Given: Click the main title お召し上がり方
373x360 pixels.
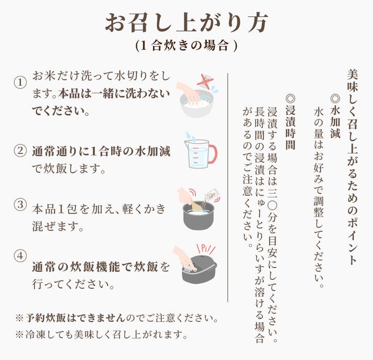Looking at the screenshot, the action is point(187,22).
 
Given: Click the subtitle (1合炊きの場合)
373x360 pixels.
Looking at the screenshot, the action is point(186,45).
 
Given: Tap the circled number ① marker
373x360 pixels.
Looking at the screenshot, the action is point(20,83).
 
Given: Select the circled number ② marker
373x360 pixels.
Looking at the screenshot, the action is point(20,151).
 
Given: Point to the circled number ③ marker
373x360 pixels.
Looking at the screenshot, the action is point(20,205).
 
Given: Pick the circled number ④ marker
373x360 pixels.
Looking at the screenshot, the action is point(20,256).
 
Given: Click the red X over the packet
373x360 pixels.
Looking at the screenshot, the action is point(205,81).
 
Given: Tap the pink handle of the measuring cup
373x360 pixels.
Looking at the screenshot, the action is point(213,154).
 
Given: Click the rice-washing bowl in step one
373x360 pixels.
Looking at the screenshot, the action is point(196,105).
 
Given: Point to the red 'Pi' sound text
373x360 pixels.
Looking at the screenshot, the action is point(206,249).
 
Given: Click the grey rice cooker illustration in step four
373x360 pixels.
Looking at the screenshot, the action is point(200,269).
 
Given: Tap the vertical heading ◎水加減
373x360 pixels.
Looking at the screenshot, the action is point(335,117).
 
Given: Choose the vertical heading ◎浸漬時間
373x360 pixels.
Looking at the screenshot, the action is point(291,122).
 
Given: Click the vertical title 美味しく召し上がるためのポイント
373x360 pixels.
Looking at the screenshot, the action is point(352,166).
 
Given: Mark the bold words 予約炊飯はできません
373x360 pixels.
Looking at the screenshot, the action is point(75,318).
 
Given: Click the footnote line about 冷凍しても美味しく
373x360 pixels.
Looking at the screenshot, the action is point(101,334).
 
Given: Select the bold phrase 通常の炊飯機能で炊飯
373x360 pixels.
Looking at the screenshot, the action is point(95,267).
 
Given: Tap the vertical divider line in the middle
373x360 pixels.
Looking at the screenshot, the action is point(228,187).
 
